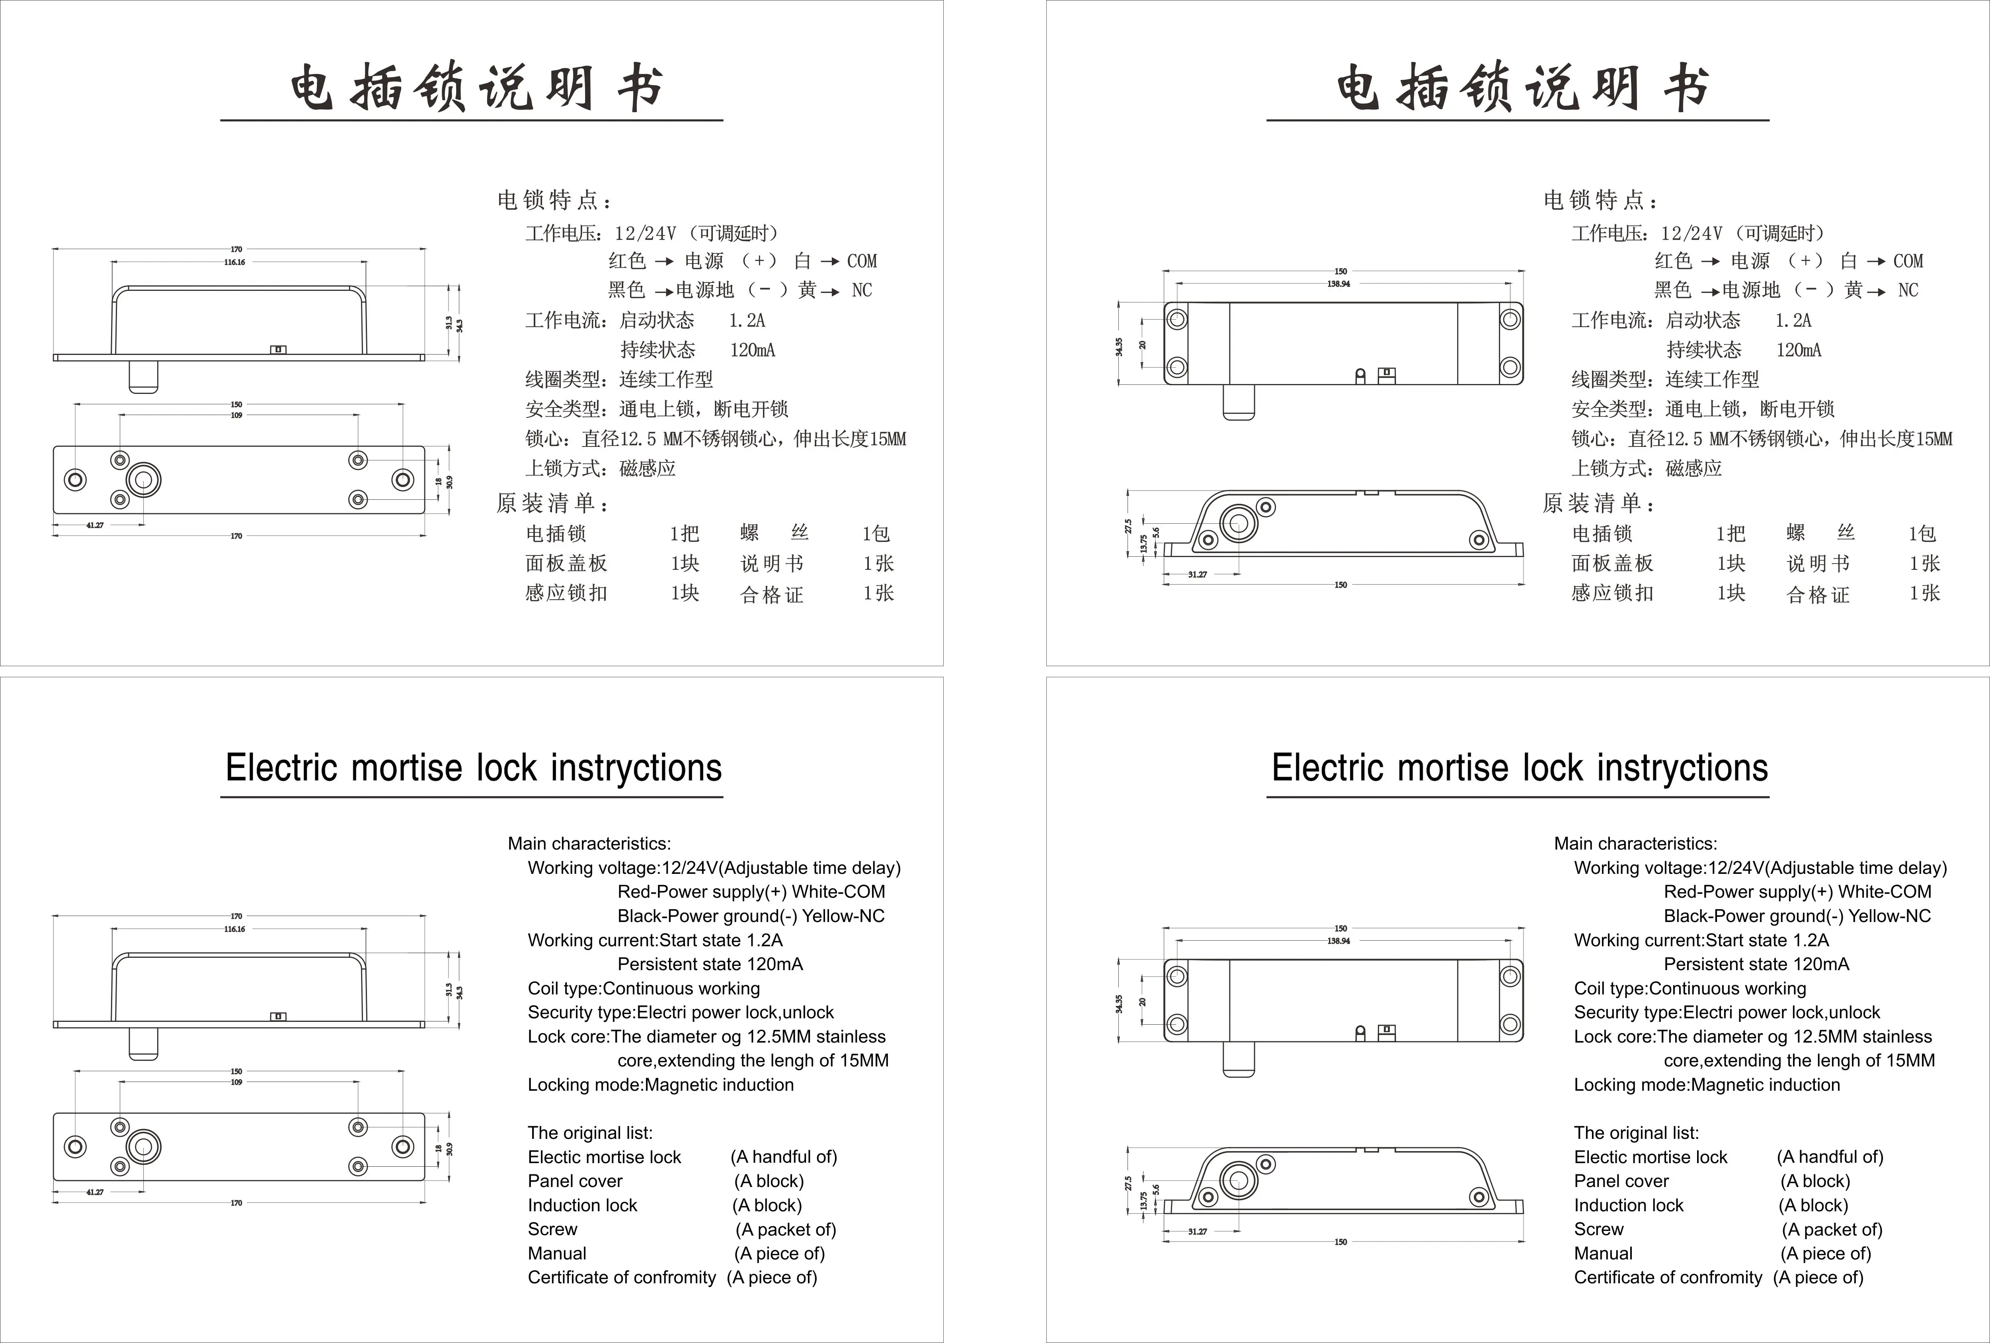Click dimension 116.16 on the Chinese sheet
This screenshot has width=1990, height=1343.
(x=235, y=262)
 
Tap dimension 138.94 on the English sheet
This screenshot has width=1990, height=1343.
(x=1339, y=941)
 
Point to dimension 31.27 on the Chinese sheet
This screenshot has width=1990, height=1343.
(x=1197, y=574)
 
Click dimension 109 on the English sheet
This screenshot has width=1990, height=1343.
(x=236, y=1082)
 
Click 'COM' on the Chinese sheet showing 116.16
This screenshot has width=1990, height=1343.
(x=861, y=261)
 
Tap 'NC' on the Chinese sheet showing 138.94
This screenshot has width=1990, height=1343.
(x=1908, y=290)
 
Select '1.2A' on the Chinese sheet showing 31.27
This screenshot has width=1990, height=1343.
(x=1793, y=320)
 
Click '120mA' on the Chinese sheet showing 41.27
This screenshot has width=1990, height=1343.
(x=752, y=350)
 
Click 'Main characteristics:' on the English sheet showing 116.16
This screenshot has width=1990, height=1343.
(x=589, y=843)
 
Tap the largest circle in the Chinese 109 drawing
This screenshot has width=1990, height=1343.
(x=143, y=480)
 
